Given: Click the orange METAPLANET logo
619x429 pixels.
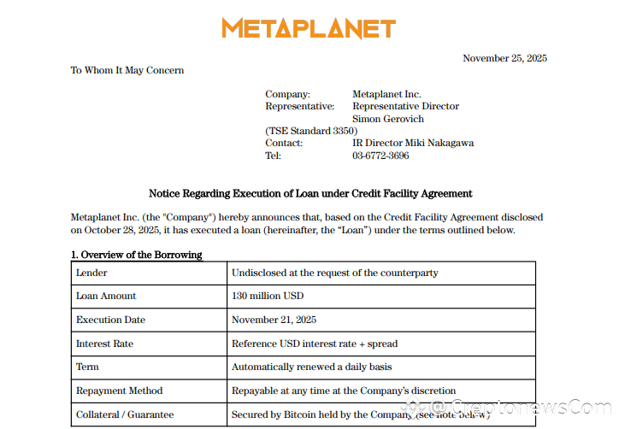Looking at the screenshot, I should [309, 28].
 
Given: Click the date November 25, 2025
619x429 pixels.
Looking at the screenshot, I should [504, 58].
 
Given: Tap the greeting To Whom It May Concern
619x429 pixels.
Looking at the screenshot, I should [127, 70].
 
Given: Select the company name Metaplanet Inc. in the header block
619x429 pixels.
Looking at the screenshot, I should [386, 94].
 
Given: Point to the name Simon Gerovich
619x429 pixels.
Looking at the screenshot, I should [387, 119].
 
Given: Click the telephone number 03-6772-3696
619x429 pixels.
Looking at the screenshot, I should [380, 156].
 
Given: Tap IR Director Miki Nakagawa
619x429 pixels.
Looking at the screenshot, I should [413, 143].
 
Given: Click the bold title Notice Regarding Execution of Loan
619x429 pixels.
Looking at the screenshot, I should [310, 194].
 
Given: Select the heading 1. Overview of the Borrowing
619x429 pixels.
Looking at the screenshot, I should [137, 255].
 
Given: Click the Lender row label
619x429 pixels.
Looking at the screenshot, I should [92, 273].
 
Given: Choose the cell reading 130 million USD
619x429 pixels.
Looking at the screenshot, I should [268, 296].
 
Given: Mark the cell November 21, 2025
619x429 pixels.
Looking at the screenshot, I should [274, 320].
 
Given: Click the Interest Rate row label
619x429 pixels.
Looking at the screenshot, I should [105, 344].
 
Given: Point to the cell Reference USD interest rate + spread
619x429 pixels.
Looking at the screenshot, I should [315, 344].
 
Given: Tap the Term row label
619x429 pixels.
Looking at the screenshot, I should [87, 367].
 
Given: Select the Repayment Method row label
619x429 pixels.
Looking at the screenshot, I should [119, 391].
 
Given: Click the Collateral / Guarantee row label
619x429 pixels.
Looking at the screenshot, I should [125, 414].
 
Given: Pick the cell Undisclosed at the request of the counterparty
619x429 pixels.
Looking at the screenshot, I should [334, 273].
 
